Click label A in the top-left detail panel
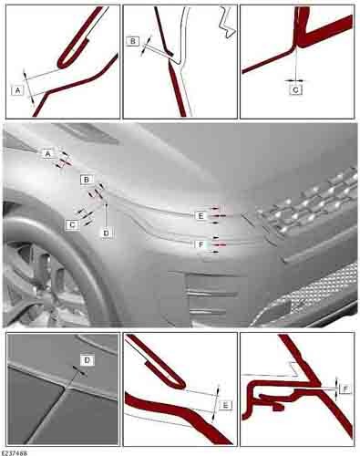17,90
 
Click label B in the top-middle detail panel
133,41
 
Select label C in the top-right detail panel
295,90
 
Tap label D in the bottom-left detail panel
87,360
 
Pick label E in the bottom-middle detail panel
225,405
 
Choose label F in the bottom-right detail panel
345,389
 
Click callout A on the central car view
48,154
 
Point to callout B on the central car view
87,180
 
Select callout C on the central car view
72,224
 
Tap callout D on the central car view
106,233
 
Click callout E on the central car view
201,216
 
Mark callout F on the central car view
201,244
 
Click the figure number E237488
15,453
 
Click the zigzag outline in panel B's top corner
227,22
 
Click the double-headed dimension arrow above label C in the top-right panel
295,80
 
